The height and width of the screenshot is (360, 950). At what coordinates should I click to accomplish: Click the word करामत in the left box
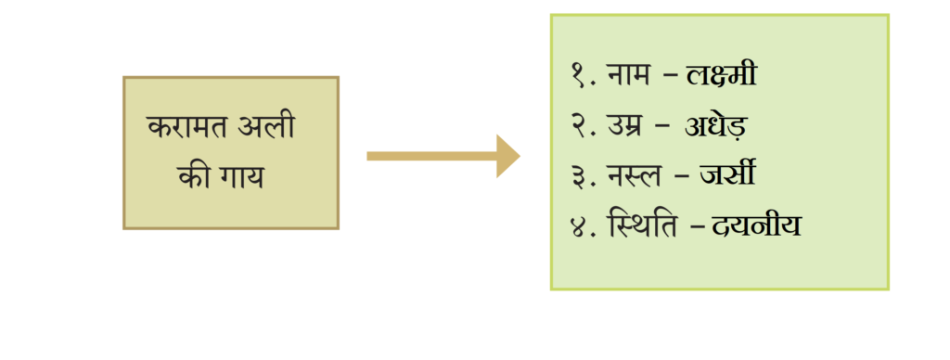pos(186,128)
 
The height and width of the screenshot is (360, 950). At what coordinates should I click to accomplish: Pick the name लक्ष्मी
pos(721,74)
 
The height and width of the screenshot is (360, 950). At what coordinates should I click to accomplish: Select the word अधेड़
pos(716,126)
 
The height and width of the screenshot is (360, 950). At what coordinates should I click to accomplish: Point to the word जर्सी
pos(726,174)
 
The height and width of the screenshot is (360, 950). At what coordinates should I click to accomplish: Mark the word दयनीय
pos(757,225)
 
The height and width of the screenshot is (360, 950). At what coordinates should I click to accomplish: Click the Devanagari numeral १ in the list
pos(578,76)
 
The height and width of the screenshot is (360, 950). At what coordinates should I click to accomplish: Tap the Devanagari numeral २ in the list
pos(578,127)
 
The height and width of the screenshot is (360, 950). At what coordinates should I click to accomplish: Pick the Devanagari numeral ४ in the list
pos(579,226)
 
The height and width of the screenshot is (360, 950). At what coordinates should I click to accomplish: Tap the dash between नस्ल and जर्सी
pos(682,176)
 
